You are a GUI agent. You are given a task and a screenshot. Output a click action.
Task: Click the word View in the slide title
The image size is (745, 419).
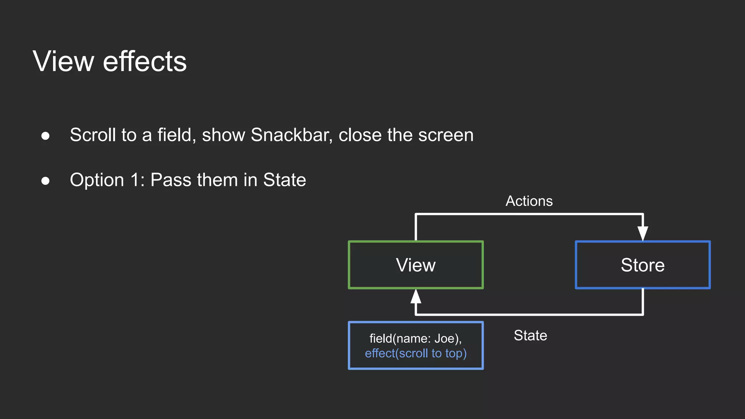tap(63, 61)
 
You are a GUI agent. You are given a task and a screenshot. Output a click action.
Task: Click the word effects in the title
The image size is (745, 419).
tap(144, 61)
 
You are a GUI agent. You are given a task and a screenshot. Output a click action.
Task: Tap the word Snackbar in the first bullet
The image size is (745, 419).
tap(291, 135)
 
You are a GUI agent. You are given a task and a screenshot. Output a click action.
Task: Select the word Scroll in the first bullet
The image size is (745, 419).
tap(93, 135)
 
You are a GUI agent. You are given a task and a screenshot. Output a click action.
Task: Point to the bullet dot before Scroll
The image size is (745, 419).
tap(45, 136)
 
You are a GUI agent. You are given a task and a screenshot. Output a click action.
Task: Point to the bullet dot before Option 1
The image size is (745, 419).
tap(45, 181)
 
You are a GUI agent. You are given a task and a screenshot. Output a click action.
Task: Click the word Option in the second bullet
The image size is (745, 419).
tap(97, 180)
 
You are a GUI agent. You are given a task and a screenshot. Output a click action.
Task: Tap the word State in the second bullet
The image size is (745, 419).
tap(284, 180)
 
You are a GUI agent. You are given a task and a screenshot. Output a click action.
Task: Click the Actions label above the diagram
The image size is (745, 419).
tap(529, 201)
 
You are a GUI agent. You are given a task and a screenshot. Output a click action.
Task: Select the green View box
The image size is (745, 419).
tap(415, 265)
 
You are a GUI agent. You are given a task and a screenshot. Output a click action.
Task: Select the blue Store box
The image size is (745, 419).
tap(642, 265)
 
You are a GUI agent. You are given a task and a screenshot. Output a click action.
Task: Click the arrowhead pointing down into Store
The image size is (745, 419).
tap(643, 233)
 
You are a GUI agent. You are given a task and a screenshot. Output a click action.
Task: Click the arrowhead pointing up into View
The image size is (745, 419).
tap(416, 297)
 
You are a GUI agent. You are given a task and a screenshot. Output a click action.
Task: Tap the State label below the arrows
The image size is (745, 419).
tap(530, 335)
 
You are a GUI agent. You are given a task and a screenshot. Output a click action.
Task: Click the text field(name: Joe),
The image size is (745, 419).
tap(415, 339)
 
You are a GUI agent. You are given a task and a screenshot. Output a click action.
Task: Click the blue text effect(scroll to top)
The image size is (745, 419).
tap(415, 354)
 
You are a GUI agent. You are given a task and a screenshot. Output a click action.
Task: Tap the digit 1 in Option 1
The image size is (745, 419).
tap(135, 180)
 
